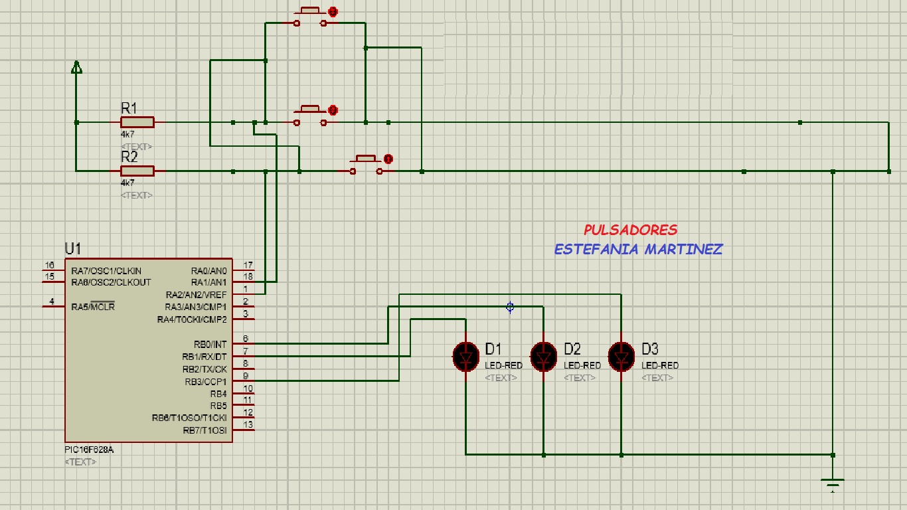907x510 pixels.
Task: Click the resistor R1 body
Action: tap(137, 122)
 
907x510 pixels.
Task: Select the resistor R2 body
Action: tap(137, 171)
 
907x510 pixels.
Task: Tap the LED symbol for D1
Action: tap(465, 356)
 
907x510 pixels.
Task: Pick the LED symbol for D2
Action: tap(544, 356)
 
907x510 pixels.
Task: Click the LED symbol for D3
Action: tap(621, 356)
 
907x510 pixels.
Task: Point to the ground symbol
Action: tap(833, 483)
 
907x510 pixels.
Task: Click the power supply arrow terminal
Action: tap(76, 67)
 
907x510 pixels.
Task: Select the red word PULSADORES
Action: tap(630, 230)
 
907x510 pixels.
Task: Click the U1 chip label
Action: tap(72, 249)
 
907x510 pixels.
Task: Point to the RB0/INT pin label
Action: tap(210, 345)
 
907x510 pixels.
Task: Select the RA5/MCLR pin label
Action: tap(93, 307)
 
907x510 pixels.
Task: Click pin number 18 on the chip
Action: tap(248, 277)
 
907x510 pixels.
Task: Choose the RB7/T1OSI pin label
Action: tap(205, 430)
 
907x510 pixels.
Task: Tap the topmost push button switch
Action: tap(310, 19)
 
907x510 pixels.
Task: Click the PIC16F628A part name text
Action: tap(89, 450)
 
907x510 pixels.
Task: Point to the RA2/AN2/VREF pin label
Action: tap(196, 295)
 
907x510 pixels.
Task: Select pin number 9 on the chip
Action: tap(246, 376)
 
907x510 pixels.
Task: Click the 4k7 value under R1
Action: tap(127, 134)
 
